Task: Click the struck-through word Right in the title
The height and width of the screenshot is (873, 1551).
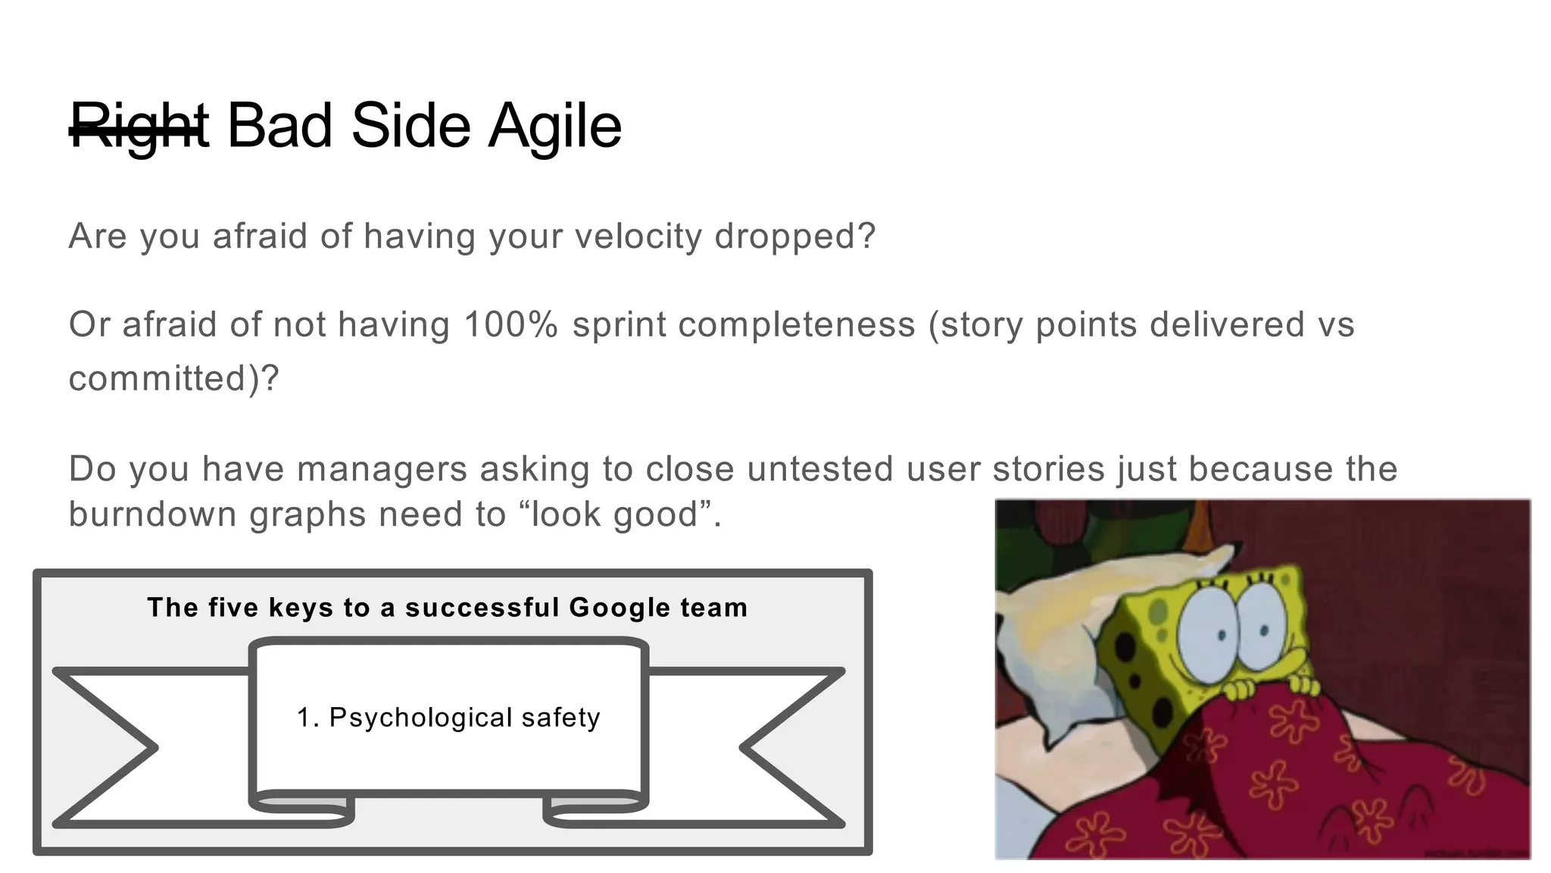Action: click(139, 126)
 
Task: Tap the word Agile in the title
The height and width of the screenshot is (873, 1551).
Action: click(555, 126)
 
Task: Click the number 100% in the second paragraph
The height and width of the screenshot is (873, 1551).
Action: click(510, 324)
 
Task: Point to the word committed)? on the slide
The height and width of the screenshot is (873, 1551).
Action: click(173, 378)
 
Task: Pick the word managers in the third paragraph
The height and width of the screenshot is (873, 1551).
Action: click(381, 469)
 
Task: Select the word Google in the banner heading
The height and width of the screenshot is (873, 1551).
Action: click(619, 607)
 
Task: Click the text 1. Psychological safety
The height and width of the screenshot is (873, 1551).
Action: click(448, 717)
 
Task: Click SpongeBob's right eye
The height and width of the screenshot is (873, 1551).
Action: click(1262, 621)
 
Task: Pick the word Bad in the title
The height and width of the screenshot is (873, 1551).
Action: click(279, 126)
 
